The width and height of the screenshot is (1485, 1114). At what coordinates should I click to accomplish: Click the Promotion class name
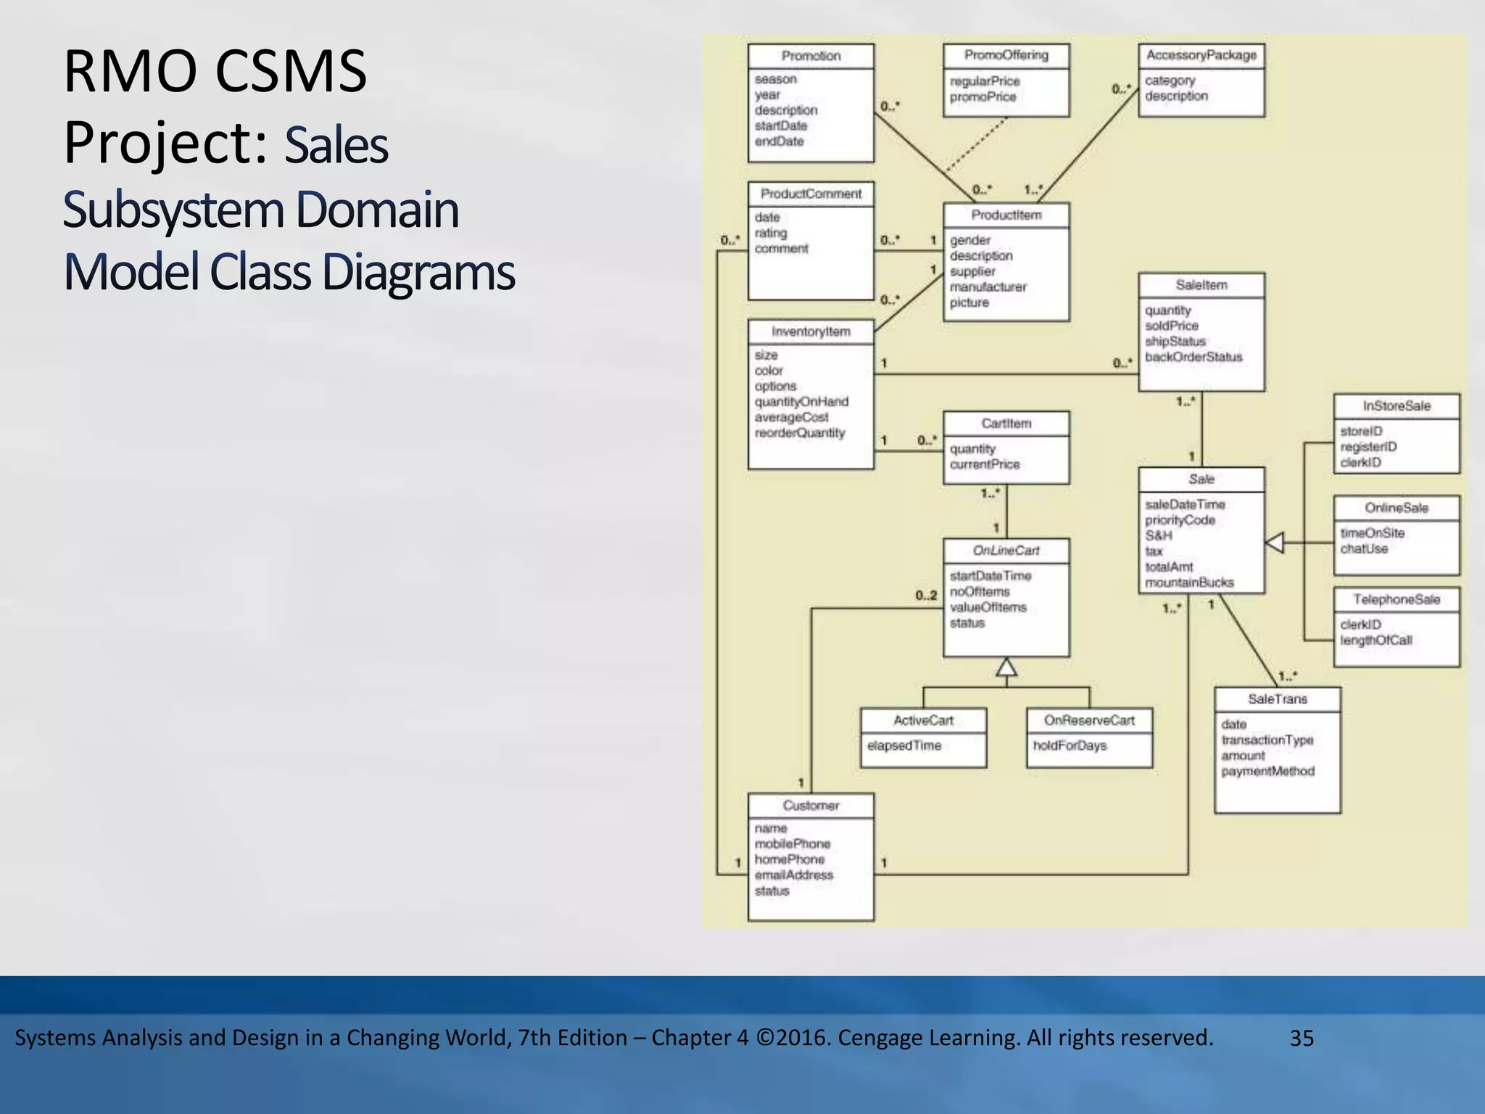[811, 56]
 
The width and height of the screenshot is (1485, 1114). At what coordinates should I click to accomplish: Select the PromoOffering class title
[1006, 55]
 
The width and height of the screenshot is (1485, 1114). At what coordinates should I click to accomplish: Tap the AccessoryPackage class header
[1201, 55]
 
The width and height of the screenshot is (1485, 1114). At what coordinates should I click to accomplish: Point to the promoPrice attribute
[983, 96]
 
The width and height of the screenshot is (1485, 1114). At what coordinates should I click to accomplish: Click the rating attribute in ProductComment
[770, 233]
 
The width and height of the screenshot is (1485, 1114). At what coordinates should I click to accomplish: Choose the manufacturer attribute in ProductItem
[988, 286]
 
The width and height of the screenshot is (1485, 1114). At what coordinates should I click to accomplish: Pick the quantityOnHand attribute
[801, 401]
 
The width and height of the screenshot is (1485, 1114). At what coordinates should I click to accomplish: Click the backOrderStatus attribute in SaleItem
[1193, 357]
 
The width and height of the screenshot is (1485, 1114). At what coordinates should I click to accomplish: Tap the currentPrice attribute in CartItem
[984, 464]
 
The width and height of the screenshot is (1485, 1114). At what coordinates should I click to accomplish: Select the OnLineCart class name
[1006, 550]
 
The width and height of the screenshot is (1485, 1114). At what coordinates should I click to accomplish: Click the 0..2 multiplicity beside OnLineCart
[926, 595]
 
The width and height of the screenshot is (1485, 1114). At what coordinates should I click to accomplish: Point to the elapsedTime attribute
[903, 746]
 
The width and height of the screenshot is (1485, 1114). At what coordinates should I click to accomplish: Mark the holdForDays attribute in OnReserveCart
[1070, 746]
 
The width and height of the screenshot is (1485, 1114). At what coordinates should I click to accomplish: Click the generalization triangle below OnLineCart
[1006, 667]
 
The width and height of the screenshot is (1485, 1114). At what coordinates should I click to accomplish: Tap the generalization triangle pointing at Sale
[1275, 542]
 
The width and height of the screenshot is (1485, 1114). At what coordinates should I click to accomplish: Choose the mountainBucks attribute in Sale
[1189, 582]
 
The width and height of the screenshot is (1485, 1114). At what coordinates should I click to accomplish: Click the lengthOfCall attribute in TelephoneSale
[1376, 640]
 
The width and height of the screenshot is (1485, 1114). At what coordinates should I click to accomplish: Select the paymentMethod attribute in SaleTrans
[1267, 771]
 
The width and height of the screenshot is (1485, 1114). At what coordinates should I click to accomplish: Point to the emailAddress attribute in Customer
[793, 875]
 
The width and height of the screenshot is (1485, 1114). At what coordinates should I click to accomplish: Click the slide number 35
[1302, 1038]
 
